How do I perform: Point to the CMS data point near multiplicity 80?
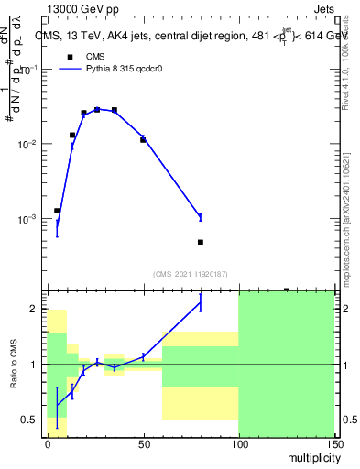tap(200, 242)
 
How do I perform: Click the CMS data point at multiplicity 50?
tap(143, 139)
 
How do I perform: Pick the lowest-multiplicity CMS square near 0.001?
tap(57, 211)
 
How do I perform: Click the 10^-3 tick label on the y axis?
tap(28, 220)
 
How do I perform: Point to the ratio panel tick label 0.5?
tap(29, 420)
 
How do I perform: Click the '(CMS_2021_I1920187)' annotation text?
tap(191, 273)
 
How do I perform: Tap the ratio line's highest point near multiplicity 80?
tap(200, 303)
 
